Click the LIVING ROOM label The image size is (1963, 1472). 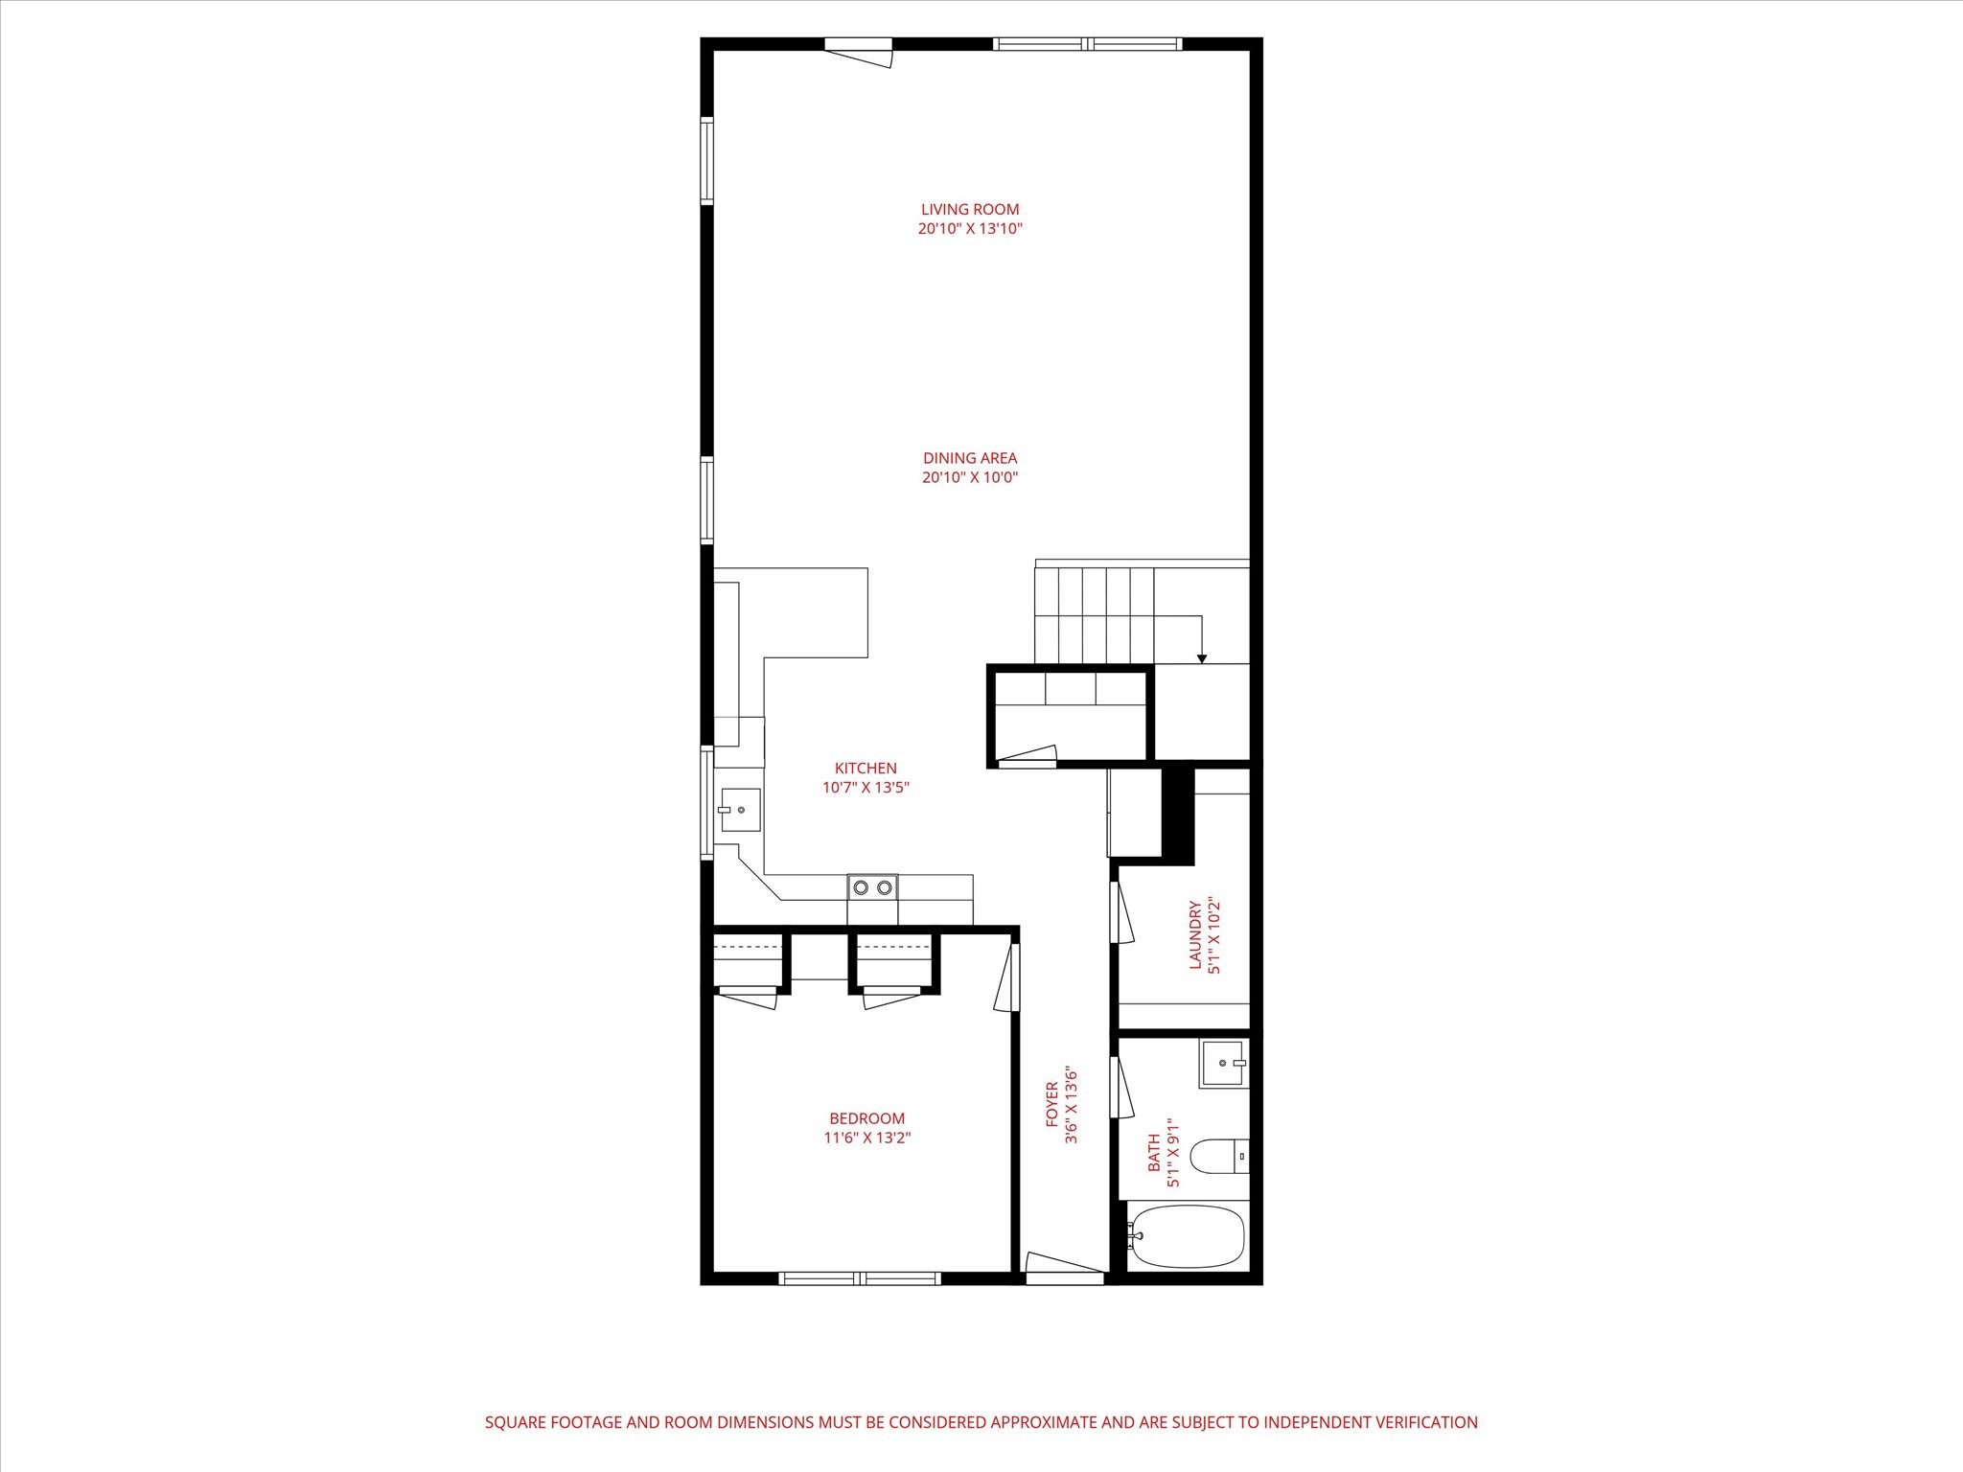coord(970,209)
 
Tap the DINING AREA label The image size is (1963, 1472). coord(970,458)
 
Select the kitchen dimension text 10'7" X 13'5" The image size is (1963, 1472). coord(866,788)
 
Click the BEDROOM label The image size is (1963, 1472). coord(866,1118)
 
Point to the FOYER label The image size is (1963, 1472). coord(1051,1104)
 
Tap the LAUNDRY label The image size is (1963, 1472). coord(1195,934)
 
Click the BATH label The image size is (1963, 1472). coord(1154,1152)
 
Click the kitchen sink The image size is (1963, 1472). coord(741,810)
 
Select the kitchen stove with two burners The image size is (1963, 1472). coord(872,887)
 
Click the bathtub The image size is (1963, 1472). coord(1186,1236)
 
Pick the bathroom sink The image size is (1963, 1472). coord(1224,1064)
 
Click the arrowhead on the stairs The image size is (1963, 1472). coord(1202,658)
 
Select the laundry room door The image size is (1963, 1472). coord(1121,911)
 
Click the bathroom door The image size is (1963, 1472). coord(1121,1087)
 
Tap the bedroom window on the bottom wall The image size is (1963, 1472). coord(860,1277)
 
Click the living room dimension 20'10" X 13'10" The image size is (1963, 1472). coord(970,229)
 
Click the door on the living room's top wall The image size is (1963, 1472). coord(860,52)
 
